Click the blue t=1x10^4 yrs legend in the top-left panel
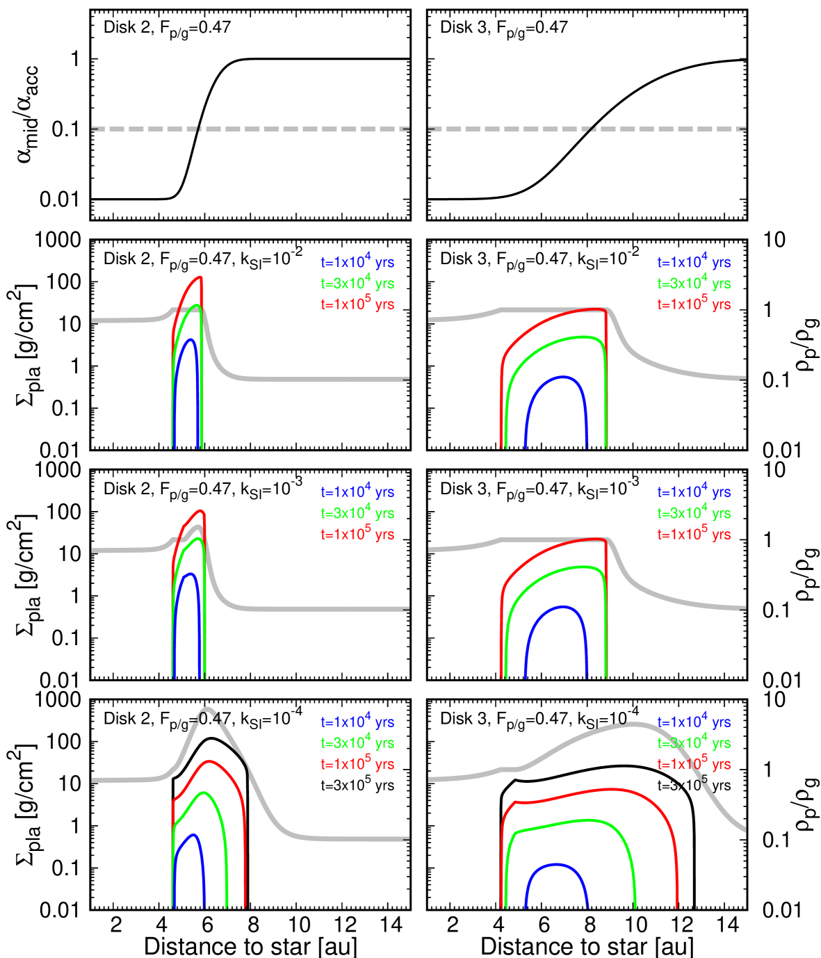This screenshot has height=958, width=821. (x=357, y=263)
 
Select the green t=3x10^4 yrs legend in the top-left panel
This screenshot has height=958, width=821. (x=357, y=284)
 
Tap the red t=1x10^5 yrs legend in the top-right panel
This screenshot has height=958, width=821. (x=694, y=305)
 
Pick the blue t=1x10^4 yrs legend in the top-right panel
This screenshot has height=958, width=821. (x=694, y=263)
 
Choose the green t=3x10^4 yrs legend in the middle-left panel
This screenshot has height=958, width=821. (x=357, y=514)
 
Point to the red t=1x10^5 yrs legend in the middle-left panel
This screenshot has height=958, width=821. (x=357, y=535)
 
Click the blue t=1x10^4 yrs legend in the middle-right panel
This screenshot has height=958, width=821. (x=694, y=492)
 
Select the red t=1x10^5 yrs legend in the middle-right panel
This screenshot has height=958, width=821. (x=694, y=535)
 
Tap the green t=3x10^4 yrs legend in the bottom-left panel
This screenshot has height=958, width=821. (x=357, y=743)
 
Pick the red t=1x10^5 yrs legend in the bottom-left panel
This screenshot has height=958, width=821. (x=357, y=765)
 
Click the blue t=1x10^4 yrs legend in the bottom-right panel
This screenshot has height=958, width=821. (x=694, y=722)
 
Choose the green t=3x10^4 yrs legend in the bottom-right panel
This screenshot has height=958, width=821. (x=694, y=743)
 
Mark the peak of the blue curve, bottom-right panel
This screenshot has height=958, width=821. (x=556, y=864)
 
